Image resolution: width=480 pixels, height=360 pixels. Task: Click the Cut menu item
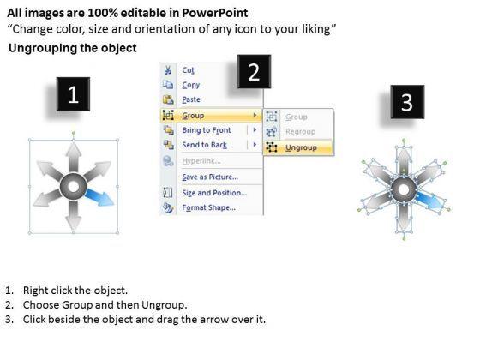coord(188,70)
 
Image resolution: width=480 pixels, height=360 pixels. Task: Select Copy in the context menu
coord(190,85)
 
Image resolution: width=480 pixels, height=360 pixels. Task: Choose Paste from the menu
coord(190,99)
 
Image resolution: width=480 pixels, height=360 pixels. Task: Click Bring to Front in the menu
coord(206,130)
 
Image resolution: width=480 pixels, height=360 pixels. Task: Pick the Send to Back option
coord(204,145)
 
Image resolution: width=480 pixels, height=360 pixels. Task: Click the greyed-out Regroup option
coord(300,132)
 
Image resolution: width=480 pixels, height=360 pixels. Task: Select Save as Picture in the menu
coord(210,177)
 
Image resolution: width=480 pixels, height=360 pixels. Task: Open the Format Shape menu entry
coord(208,207)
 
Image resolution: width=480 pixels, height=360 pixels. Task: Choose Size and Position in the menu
coord(214,193)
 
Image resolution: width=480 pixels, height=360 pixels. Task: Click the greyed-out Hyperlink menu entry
coord(201,161)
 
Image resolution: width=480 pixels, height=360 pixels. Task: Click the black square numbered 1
coord(73,94)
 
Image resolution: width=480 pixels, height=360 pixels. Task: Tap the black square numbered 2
coord(254,72)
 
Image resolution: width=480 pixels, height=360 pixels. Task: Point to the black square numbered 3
coord(407,102)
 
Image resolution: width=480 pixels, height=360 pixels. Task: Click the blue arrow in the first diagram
coord(99,197)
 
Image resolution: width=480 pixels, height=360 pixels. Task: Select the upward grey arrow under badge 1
coord(74,158)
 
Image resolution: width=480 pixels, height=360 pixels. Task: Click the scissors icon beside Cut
coord(168,70)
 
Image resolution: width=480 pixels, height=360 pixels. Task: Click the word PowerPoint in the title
coord(215,13)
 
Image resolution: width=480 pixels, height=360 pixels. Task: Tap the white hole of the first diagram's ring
coord(73,187)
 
